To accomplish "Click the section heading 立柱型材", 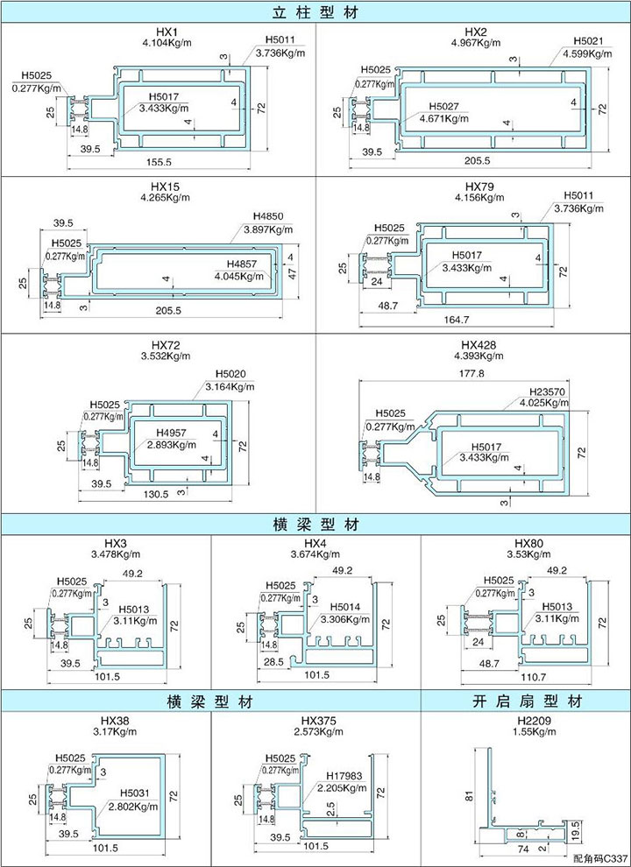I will (x=315, y=12).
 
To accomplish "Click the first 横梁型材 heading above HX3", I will (x=315, y=525).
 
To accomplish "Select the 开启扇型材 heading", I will (x=525, y=701).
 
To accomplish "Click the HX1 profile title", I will (x=159, y=32).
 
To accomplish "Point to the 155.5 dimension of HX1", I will (x=160, y=163).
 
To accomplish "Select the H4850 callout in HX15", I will (x=266, y=216).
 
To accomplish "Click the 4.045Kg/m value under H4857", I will (x=238, y=277).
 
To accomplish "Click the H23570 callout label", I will (x=548, y=391).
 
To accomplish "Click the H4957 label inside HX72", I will (x=173, y=433).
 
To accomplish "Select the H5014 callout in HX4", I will (x=345, y=606).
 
